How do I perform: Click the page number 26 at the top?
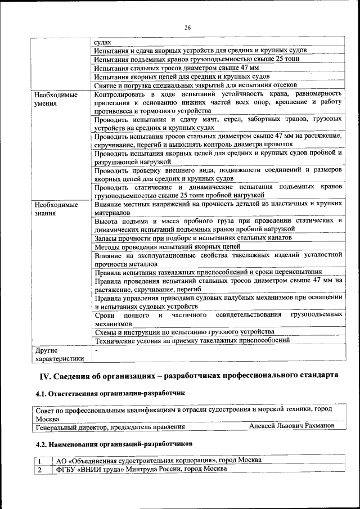coord(187,28)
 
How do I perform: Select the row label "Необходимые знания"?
coord(55,209)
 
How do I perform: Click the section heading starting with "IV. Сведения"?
coord(188,375)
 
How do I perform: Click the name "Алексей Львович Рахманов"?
coord(291,426)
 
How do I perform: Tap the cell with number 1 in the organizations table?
coord(40,460)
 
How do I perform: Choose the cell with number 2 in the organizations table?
coord(40,469)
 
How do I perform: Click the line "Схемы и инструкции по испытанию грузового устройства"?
coord(184,331)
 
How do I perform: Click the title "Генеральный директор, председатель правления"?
coord(110,427)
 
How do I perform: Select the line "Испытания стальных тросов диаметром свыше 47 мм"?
coord(176,67)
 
